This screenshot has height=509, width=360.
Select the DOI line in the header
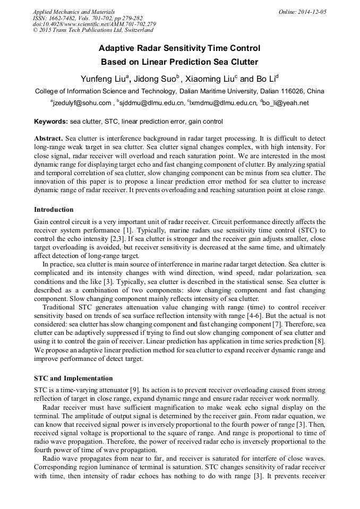94,24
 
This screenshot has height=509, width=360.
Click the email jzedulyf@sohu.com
82,103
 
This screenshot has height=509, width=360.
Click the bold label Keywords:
51,122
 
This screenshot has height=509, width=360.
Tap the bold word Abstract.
48,138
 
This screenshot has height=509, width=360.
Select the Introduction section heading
54,210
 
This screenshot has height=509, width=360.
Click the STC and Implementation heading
73,378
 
